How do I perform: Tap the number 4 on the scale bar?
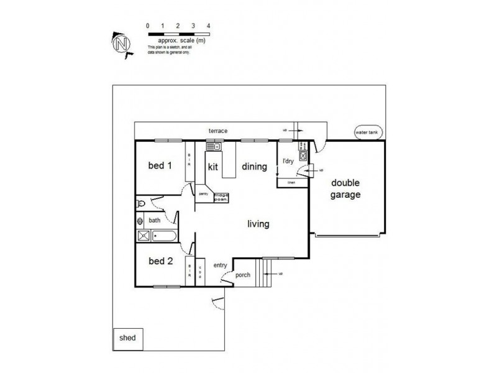coord(209,25)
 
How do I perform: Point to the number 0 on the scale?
coord(147,25)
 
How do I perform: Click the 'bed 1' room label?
coord(160,166)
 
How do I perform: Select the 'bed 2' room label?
coord(160,261)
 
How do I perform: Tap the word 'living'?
coord(258,224)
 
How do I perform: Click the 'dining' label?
coord(254,167)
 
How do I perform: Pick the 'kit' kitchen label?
coord(213,167)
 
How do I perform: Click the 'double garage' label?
coord(347,188)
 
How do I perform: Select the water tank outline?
coord(368,132)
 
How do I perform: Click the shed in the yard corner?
coord(127,338)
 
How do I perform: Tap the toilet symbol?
coord(141,204)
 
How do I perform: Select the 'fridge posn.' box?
coord(221,197)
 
